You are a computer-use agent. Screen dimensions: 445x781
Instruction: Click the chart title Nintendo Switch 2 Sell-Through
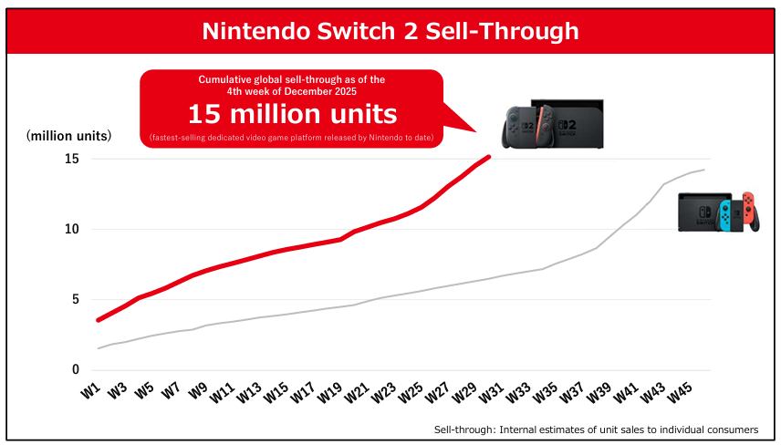coord(390,31)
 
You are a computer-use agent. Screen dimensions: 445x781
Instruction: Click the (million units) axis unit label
coord(69,136)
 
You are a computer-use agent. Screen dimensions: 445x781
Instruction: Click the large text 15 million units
coord(292,115)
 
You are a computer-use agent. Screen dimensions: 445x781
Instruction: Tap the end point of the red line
coord(490,157)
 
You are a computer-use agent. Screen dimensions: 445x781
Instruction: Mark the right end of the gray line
coord(704,170)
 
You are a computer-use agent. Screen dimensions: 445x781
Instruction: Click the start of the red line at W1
coord(98,320)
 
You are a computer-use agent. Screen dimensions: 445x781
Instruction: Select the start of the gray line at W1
coord(98,348)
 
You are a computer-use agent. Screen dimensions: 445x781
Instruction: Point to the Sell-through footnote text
coord(595,429)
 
